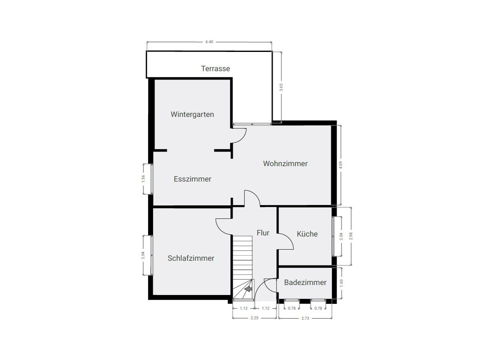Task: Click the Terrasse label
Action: click(x=215, y=69)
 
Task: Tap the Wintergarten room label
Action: click(x=192, y=115)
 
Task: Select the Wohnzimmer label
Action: click(x=285, y=163)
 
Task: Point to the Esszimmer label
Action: click(x=192, y=179)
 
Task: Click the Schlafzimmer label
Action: click(x=191, y=258)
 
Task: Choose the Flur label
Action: click(x=263, y=233)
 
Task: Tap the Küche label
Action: click(x=307, y=234)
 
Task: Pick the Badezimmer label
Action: click(x=305, y=282)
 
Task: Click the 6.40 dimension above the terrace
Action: click(x=209, y=42)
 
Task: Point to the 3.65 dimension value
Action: click(x=281, y=87)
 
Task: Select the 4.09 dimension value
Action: click(x=341, y=165)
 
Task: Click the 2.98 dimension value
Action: click(x=351, y=236)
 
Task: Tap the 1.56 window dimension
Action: click(x=143, y=179)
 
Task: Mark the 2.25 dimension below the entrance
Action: click(x=255, y=318)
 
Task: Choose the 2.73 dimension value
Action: click(x=305, y=318)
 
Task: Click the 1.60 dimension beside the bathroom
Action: click(x=341, y=283)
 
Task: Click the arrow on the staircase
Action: click(x=248, y=289)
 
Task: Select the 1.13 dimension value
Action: click(x=243, y=308)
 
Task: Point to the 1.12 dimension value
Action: click(x=266, y=308)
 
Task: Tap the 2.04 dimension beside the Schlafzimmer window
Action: click(x=143, y=255)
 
